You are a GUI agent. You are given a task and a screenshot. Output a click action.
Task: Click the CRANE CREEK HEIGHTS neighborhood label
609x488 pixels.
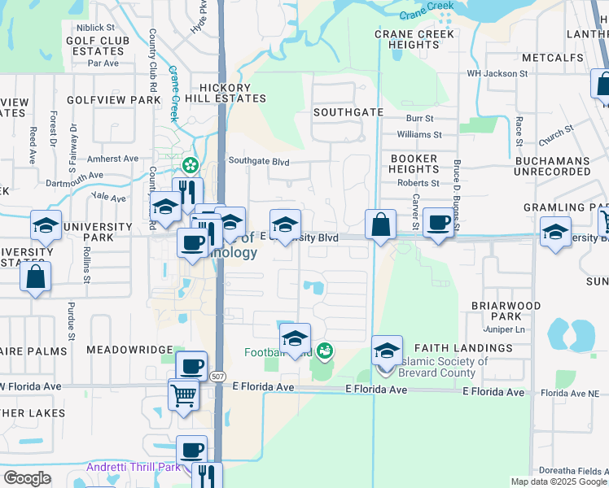414,39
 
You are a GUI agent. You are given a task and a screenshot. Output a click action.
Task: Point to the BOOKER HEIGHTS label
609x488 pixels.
414,163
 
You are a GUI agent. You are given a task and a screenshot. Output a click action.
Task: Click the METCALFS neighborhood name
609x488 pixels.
554,58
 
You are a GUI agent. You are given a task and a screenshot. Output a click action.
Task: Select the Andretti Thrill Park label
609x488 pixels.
134,467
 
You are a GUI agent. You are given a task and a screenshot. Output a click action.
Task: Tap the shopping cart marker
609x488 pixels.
184,396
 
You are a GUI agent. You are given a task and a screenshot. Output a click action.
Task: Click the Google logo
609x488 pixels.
27,478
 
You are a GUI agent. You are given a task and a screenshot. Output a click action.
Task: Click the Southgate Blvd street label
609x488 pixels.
259,162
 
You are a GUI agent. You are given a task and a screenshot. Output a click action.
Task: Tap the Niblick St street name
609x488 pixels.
98,28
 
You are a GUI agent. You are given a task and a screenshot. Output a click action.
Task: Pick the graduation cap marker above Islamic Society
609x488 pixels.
388,351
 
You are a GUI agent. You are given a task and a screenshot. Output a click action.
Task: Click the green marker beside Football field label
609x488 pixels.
325,351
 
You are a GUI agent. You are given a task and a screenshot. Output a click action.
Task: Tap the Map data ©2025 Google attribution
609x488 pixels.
559,481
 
